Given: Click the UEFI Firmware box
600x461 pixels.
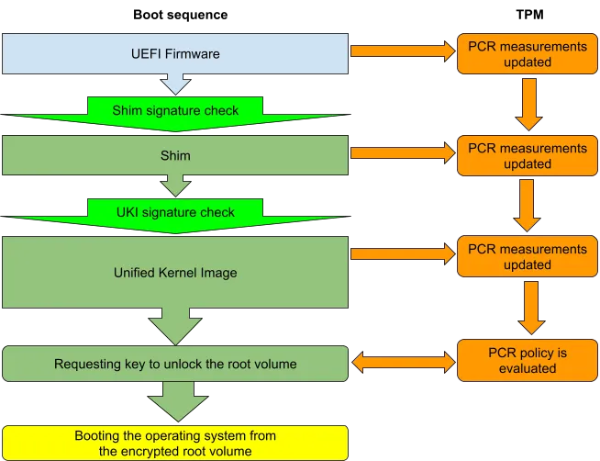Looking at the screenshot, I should (x=174, y=54).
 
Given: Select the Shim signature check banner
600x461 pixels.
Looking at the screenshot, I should (x=174, y=110).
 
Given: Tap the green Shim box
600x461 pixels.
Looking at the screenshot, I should (x=174, y=155).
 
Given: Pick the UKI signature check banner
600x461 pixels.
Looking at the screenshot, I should (x=174, y=212).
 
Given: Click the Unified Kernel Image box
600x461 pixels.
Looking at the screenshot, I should (x=174, y=272).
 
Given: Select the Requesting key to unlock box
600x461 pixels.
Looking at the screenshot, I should (x=174, y=364).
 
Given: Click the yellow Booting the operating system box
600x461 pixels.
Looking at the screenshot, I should (x=174, y=442).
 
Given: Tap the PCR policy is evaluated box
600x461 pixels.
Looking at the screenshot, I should (x=528, y=360).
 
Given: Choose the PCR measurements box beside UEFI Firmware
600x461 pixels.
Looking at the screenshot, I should (x=528, y=54).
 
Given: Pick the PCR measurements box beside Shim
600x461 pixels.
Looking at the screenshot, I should (x=528, y=155).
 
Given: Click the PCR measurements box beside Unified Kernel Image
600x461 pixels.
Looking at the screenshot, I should (x=528, y=256).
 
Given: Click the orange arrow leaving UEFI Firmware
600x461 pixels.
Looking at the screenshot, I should (x=402, y=53).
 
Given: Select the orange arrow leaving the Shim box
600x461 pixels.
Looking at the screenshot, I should (x=402, y=155).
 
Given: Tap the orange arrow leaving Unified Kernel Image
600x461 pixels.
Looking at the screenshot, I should (x=402, y=256).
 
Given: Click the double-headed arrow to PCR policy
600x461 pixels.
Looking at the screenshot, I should (x=402, y=363).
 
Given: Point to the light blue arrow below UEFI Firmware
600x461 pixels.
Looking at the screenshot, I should (x=174, y=84).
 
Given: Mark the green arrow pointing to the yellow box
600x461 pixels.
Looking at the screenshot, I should (x=174, y=402).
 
